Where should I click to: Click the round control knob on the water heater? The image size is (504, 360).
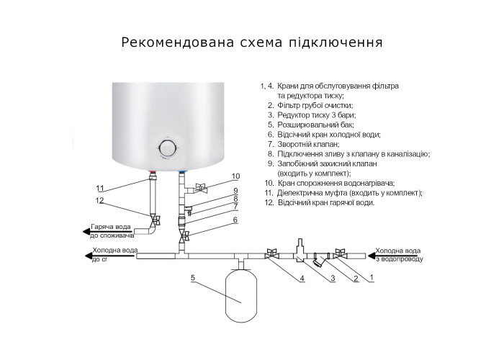167,149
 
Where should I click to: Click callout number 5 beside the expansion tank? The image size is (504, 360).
193,277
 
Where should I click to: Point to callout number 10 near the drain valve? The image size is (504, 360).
235,176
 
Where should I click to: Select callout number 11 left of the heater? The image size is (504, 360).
101,188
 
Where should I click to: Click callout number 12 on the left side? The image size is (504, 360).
100,200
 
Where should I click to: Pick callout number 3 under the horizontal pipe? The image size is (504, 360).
333,278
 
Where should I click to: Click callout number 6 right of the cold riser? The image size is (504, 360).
235,220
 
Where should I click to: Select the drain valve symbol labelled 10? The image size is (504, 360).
202,189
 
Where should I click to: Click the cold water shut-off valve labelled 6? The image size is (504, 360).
184,235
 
